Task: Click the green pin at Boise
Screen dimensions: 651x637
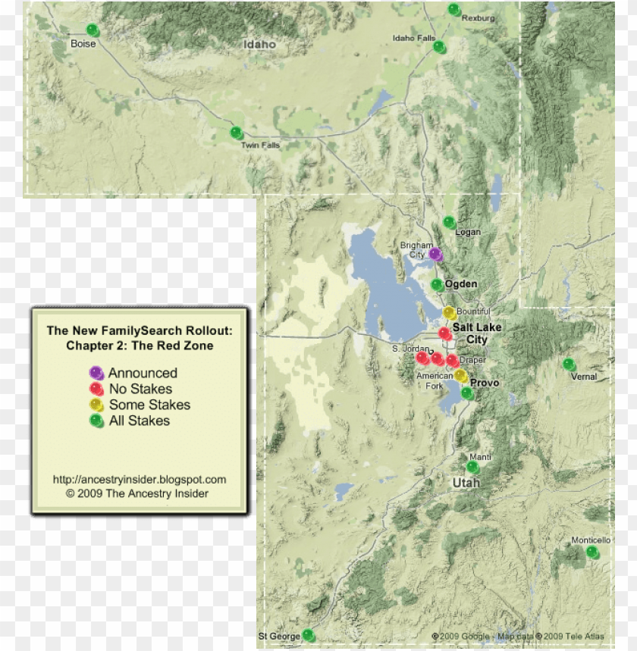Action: pos(92,30)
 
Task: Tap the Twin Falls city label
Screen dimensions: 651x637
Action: pos(260,145)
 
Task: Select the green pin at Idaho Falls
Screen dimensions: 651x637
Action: pos(438,47)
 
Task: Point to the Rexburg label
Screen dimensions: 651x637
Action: pos(478,18)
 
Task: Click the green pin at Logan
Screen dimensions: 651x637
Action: pos(449,222)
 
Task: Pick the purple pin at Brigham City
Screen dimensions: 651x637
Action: pos(435,254)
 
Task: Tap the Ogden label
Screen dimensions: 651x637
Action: pos(461,284)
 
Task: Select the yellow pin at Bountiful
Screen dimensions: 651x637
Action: pos(449,312)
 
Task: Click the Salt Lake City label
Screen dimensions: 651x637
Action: pos(477,333)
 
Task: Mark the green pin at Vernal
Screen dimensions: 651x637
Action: pos(569,365)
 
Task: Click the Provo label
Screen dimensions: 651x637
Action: pos(485,383)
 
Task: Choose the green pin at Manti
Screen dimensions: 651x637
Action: pos(472,467)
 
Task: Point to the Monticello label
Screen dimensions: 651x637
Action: pos(591,540)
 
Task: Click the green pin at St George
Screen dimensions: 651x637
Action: pos(308,635)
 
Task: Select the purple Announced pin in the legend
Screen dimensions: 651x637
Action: pos(96,372)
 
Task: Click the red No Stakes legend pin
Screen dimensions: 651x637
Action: pos(96,388)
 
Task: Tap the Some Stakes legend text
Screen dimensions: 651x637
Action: pos(149,405)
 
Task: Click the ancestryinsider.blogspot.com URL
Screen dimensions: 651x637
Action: pos(139,480)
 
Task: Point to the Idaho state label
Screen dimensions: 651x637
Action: pos(259,45)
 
